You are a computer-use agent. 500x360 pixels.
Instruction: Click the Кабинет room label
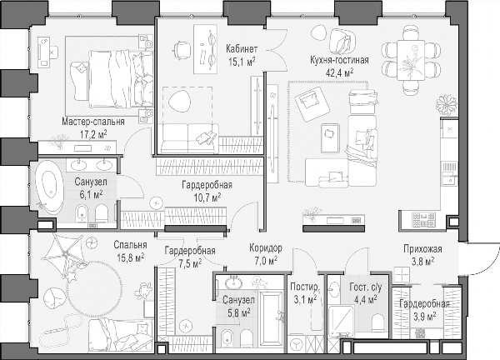(x=242, y=49)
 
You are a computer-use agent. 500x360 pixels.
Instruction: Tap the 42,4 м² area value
(x=340, y=72)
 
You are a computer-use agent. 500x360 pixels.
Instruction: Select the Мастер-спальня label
(x=93, y=122)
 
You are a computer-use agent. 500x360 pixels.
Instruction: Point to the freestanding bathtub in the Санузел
(x=48, y=187)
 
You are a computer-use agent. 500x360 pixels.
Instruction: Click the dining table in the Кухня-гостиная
(x=411, y=60)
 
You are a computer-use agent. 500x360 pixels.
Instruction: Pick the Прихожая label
(x=422, y=248)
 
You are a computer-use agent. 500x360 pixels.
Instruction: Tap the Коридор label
(x=266, y=247)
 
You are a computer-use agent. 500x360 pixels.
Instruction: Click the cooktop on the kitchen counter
(x=424, y=220)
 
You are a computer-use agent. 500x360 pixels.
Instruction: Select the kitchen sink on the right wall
(x=450, y=174)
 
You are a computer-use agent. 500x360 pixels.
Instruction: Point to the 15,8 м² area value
(x=131, y=257)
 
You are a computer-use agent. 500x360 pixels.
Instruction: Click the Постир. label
(x=304, y=287)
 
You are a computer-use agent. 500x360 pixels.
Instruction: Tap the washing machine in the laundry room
(x=296, y=344)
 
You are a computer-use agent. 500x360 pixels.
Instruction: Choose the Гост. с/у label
(x=366, y=287)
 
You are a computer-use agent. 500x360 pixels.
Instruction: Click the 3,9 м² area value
(x=425, y=317)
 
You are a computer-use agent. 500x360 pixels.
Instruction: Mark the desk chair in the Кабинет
(x=181, y=50)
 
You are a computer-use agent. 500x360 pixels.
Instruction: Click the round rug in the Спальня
(x=95, y=289)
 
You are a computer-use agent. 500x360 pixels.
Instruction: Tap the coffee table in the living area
(x=330, y=138)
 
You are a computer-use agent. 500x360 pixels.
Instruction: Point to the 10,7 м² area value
(x=207, y=197)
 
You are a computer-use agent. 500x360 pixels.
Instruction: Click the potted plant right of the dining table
(x=447, y=105)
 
